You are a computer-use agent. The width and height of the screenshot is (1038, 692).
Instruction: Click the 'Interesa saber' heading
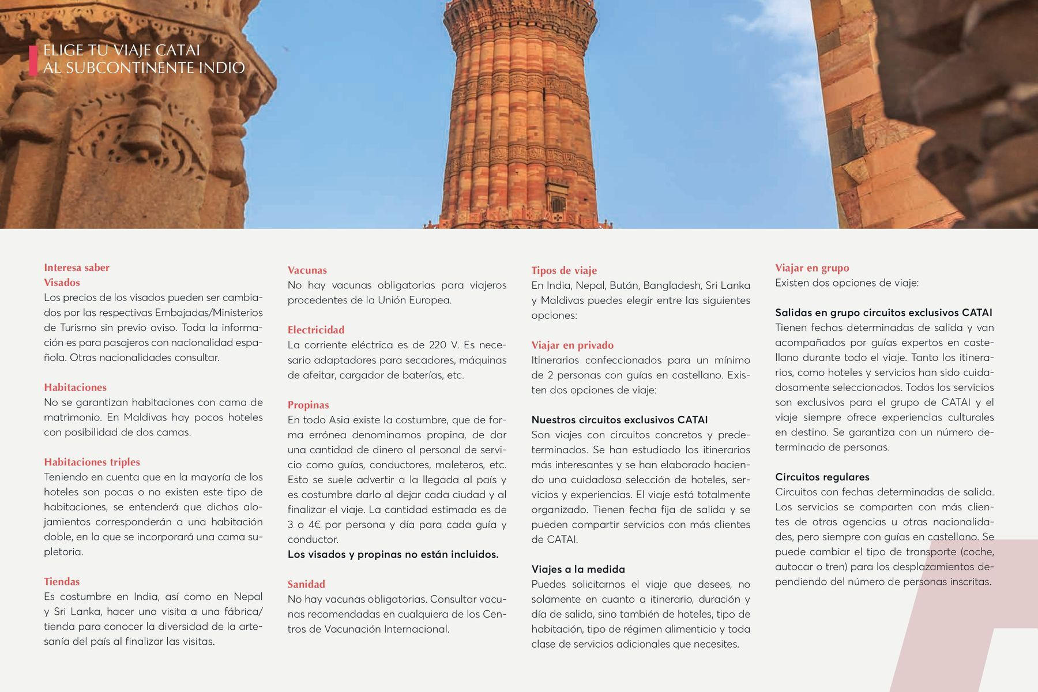[77, 268]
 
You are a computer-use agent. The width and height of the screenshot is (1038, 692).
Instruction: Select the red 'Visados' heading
[62, 283]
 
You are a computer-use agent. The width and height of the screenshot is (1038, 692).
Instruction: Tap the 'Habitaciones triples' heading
[92, 462]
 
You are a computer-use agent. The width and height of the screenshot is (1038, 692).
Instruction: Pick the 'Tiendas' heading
[62, 581]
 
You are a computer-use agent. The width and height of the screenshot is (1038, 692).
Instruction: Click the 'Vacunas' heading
[307, 270]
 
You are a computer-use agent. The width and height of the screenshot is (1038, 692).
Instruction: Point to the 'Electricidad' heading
[316, 330]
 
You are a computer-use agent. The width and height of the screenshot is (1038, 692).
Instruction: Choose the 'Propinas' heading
[309, 405]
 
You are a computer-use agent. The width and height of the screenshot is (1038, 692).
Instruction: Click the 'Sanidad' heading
[307, 584]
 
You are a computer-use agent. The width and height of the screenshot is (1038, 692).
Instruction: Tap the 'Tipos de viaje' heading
[564, 270]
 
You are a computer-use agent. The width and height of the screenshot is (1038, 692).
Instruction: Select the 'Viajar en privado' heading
[573, 345]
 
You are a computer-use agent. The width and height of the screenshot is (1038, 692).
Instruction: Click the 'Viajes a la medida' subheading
[578, 569]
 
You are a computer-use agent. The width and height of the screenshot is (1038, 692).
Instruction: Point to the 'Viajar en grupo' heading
[812, 268]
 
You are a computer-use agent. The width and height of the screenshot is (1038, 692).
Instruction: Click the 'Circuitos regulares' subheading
[822, 477]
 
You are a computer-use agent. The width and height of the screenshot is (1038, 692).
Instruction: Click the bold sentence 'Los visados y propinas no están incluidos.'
[393, 554]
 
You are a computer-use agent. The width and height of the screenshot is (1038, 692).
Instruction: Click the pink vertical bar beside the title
[33, 60]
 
